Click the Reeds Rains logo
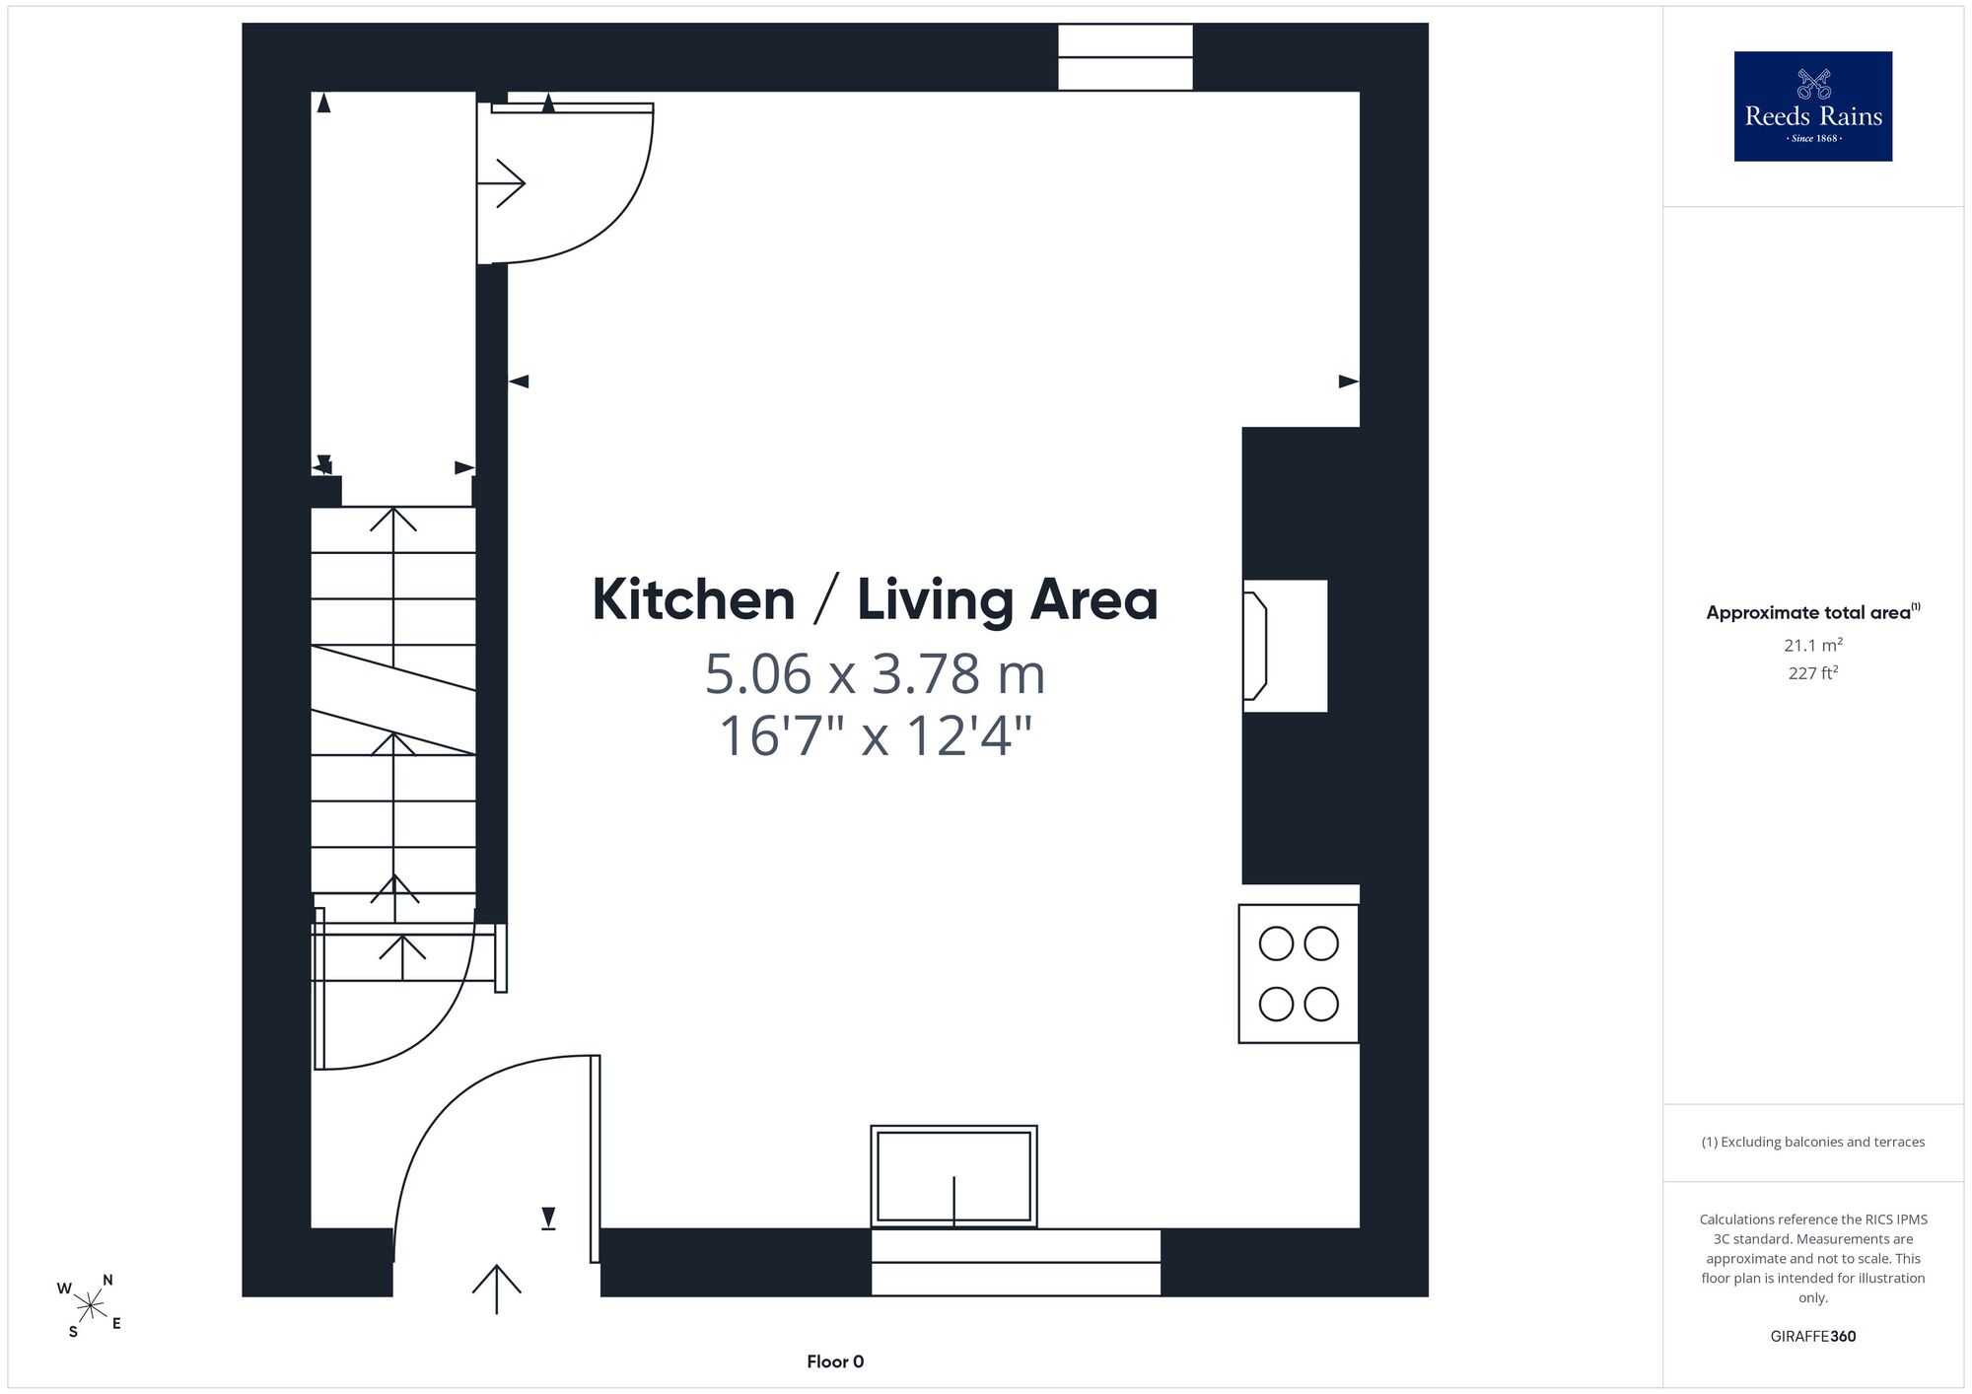point(1812,106)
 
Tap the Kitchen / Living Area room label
point(875,600)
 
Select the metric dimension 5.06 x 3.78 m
point(875,674)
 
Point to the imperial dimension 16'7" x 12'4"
point(875,735)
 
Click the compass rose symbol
point(90,1307)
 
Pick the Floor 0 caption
point(835,1361)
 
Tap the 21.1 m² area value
point(1812,646)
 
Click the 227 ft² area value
point(1812,673)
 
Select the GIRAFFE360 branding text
point(1812,1337)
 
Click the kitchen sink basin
point(953,1176)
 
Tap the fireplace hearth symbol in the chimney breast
point(1255,646)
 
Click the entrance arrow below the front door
point(496,1289)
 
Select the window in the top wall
point(1125,57)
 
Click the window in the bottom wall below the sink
point(1016,1262)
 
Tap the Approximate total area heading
point(1812,612)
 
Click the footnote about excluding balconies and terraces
point(1812,1142)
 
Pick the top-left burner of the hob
point(1276,943)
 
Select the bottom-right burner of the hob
point(1321,1005)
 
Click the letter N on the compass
point(107,1281)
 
